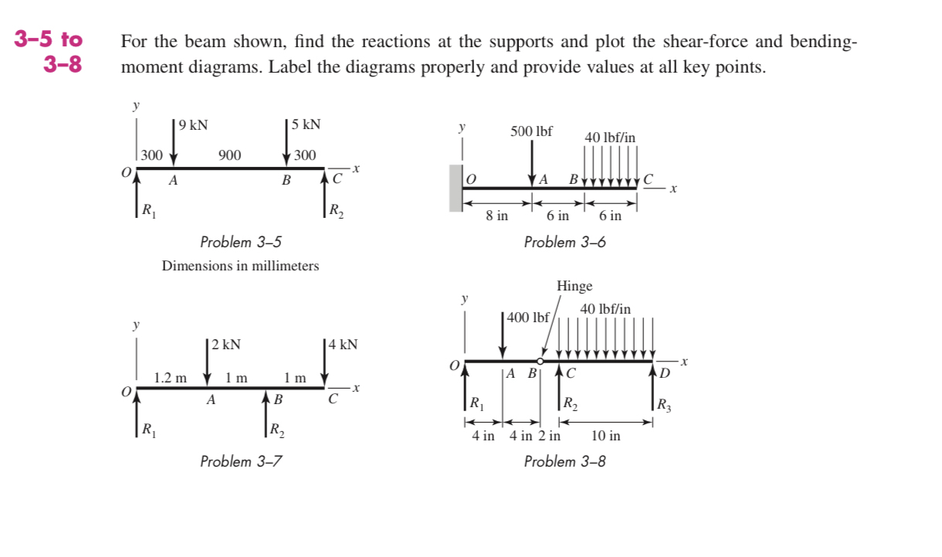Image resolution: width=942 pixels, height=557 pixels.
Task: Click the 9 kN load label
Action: coord(192,124)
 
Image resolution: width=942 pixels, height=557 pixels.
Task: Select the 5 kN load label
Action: coord(306,124)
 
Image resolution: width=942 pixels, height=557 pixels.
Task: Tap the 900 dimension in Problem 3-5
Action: coord(229,155)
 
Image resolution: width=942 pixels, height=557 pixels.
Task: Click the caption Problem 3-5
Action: coord(241,242)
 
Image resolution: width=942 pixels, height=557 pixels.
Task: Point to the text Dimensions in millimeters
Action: coord(240,266)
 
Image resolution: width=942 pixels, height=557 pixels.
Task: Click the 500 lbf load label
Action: coord(531,131)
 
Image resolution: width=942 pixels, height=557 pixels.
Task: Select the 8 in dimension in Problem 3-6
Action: coord(496,216)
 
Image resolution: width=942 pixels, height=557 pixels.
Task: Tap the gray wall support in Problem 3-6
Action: coord(456,188)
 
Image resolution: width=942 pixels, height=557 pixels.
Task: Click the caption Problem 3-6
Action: coord(564,242)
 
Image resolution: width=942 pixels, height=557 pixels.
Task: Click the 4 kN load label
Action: coord(342,344)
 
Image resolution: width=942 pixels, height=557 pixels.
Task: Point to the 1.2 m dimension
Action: coord(170,378)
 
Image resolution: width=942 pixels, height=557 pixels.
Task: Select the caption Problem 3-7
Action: coord(241,461)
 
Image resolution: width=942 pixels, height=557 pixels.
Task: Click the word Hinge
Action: coord(574,286)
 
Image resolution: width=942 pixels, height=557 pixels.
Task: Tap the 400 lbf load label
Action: coord(529,318)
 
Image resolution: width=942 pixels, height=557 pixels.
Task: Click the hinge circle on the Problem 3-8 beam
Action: coord(540,361)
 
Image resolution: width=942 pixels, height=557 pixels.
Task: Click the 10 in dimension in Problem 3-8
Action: coord(605,436)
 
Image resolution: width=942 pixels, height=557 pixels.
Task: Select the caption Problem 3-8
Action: coord(564,461)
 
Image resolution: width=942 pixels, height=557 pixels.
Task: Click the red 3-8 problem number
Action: coord(63,64)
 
